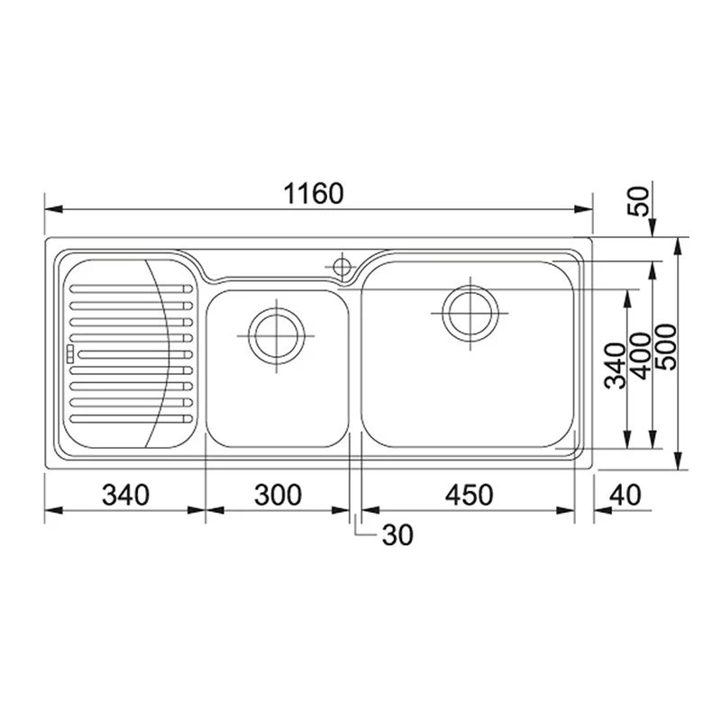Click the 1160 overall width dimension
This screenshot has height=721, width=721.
314,194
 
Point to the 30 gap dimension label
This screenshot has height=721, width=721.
397,535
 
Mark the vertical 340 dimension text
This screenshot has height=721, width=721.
616,365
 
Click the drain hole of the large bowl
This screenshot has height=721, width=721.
469,312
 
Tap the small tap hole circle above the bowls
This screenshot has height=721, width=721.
342,265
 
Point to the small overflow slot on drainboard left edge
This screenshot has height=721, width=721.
68,353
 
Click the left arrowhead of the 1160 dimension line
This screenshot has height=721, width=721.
50,209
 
